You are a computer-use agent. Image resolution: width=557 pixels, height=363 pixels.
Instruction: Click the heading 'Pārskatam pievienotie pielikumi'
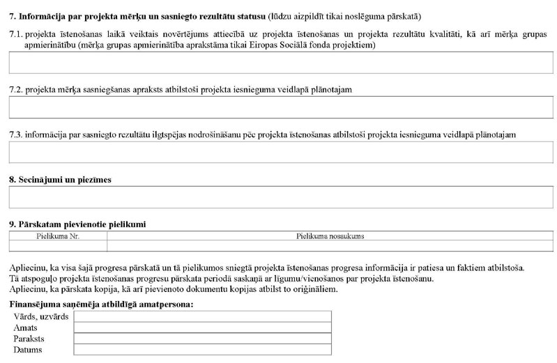click(x=81, y=224)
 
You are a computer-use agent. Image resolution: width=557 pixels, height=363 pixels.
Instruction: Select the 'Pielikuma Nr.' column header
click(x=58, y=236)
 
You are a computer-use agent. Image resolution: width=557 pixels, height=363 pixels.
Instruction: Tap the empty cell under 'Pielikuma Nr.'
click(x=58, y=246)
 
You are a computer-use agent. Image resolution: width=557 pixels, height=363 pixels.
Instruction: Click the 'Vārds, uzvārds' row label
click(x=41, y=317)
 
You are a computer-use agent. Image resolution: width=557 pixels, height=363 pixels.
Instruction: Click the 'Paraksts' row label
click(x=29, y=339)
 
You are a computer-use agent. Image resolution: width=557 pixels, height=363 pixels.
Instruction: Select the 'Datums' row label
click(x=28, y=349)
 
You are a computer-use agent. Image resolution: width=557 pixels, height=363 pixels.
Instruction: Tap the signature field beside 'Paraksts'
click(x=202, y=339)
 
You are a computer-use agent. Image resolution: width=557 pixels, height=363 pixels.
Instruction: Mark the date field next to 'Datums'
click(x=202, y=349)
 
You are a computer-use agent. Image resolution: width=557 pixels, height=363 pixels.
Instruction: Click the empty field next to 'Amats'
click(x=202, y=327)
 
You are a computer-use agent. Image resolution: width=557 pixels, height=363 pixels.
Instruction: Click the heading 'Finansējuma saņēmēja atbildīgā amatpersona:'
click(x=101, y=305)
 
